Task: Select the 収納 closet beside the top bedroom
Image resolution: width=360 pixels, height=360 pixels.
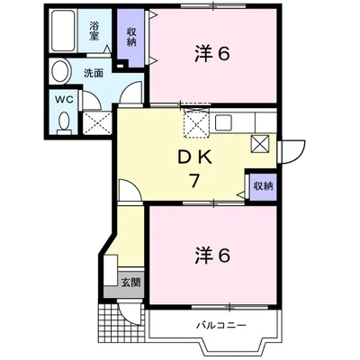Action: click(130, 37)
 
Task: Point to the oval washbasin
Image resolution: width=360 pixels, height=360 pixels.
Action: click(60, 71)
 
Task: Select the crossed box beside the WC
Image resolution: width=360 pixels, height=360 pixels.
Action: click(96, 121)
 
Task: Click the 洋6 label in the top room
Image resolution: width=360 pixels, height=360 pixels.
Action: click(212, 54)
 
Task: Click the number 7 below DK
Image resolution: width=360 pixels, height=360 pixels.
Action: click(193, 179)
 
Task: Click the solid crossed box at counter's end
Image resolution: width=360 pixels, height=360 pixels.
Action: click(260, 141)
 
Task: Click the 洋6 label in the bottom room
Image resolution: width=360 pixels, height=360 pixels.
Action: click(212, 256)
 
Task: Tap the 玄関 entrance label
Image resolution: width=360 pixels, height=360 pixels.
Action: click(130, 283)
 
